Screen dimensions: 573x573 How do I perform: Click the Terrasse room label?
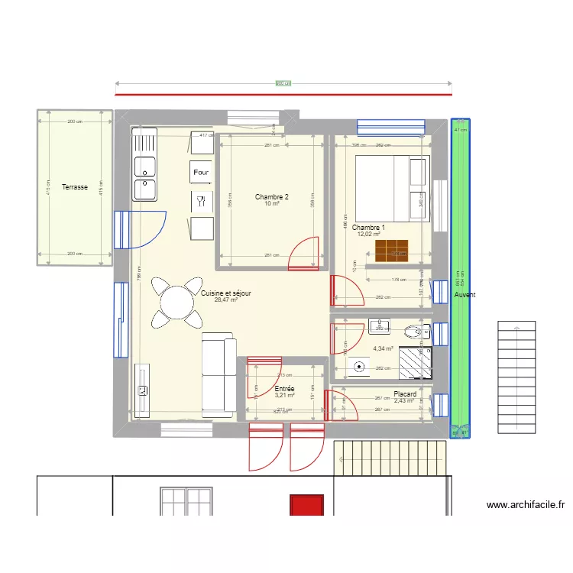(x=75, y=186)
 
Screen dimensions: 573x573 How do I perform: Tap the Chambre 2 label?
(x=272, y=197)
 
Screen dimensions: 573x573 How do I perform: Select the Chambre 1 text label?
(x=368, y=228)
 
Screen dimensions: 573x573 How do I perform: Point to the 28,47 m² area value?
(x=226, y=300)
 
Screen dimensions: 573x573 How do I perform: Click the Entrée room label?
(x=284, y=389)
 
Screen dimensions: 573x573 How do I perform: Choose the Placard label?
(x=404, y=394)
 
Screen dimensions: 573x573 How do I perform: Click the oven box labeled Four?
(x=202, y=173)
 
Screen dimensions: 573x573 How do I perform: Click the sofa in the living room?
(x=219, y=374)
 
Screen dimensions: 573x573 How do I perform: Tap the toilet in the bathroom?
(x=415, y=332)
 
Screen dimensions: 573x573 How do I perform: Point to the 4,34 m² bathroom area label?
(x=383, y=348)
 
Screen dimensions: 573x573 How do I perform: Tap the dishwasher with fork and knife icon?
(x=202, y=202)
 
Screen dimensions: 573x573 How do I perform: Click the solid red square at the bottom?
(x=306, y=505)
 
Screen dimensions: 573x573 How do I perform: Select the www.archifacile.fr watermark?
(x=525, y=505)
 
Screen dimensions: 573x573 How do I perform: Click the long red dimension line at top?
(x=283, y=95)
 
